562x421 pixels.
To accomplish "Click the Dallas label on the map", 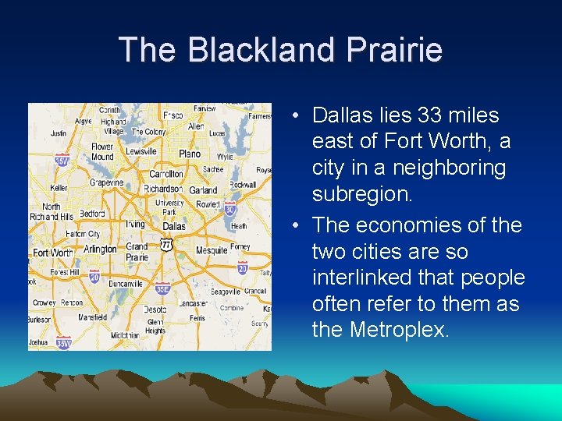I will tap(173, 226).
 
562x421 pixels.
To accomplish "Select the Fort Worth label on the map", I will tap(53, 253).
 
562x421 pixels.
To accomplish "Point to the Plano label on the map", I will tap(190, 154).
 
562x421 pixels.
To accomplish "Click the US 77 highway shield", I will tap(165, 245).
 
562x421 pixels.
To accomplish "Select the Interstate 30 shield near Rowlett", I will tap(230, 209).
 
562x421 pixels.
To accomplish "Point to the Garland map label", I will tap(203, 189).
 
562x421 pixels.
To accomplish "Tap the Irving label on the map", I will tap(135, 225).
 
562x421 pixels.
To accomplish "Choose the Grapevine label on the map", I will tap(107, 183).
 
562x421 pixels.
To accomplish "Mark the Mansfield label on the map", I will tap(93, 317).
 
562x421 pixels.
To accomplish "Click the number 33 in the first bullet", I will tap(430, 115).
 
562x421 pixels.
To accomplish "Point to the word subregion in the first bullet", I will tap(362, 194).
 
